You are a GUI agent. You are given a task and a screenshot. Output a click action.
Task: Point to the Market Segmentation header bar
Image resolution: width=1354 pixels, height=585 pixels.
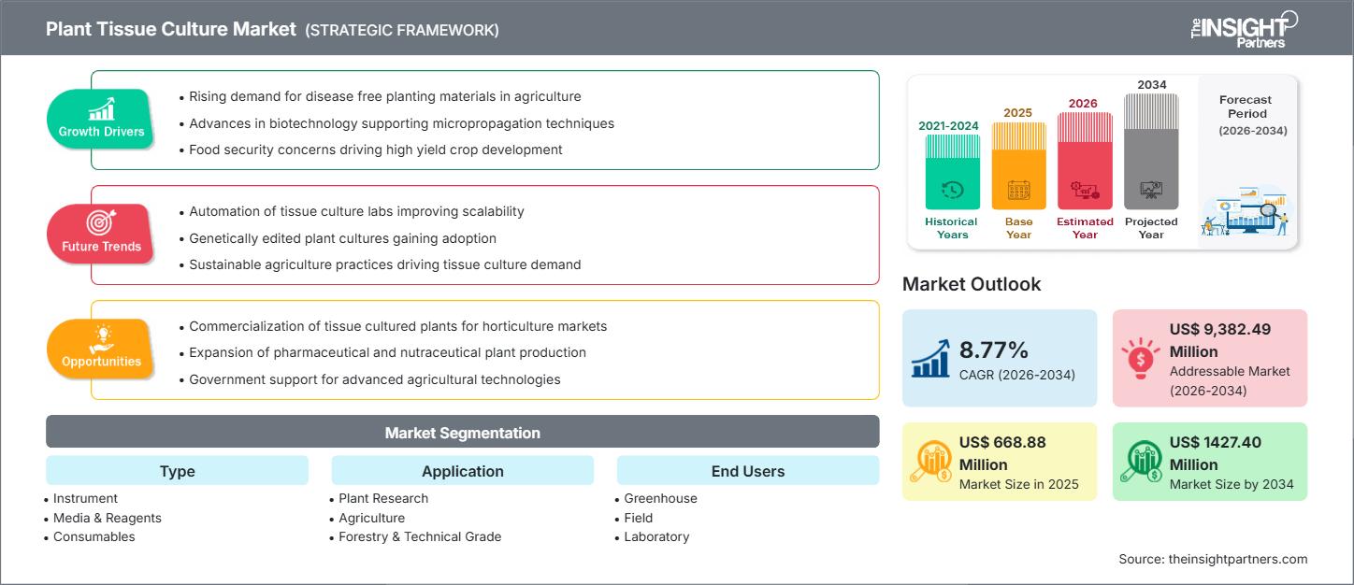[462, 433]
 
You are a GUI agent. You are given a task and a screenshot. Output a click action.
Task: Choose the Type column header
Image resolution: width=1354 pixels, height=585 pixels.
[177, 471]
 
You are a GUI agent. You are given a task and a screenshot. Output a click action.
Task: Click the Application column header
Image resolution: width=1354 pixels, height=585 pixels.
[462, 471]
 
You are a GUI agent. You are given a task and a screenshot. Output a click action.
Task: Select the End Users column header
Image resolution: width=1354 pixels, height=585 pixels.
[747, 471]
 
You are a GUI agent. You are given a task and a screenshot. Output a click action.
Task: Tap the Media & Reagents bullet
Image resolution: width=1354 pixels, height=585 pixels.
[107, 518]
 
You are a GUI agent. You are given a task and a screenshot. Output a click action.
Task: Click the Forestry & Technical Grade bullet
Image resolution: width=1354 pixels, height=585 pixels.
[420, 536]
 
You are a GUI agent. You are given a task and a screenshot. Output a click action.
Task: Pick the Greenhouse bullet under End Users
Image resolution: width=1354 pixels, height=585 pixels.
[660, 498]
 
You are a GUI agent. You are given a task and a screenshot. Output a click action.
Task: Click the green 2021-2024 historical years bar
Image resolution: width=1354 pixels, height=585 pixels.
[952, 172]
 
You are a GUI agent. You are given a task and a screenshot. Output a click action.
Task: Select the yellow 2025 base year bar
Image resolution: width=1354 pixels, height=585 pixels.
[1018, 166]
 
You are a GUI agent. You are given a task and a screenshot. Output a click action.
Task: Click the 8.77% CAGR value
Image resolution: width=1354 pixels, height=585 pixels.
[994, 350]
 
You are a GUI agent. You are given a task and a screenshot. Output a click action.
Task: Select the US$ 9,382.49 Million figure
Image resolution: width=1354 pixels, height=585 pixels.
[1219, 340]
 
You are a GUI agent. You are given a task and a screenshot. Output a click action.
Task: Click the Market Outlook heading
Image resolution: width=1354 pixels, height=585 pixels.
[971, 284]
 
